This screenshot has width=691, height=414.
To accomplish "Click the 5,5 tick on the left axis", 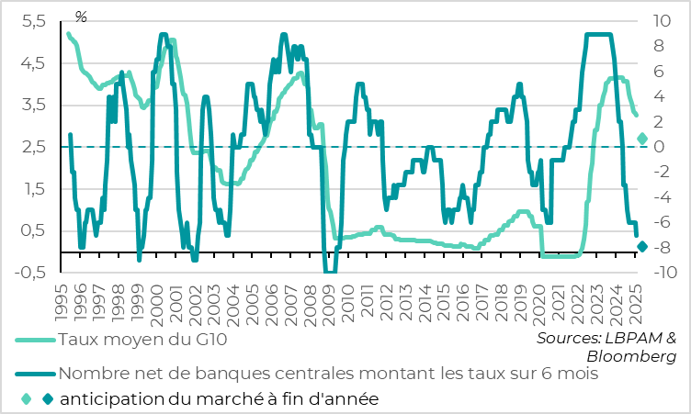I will (34, 22).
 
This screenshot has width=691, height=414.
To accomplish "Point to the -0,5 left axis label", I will (31, 272).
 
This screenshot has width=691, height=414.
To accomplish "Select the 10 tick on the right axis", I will (666, 22).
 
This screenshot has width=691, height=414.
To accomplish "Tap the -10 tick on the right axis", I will (664, 273).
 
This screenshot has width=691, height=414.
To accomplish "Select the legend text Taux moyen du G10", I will (142, 340).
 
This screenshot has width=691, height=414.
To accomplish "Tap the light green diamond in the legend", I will (26, 398).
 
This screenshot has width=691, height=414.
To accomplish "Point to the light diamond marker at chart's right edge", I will (642, 139).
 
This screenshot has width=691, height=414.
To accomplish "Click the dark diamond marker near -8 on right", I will (642, 246).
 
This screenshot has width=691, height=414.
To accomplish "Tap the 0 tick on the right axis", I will (658, 147).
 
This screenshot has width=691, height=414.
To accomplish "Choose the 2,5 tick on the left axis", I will (34, 147).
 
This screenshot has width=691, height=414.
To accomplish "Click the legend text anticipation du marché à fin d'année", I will (219, 398).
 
